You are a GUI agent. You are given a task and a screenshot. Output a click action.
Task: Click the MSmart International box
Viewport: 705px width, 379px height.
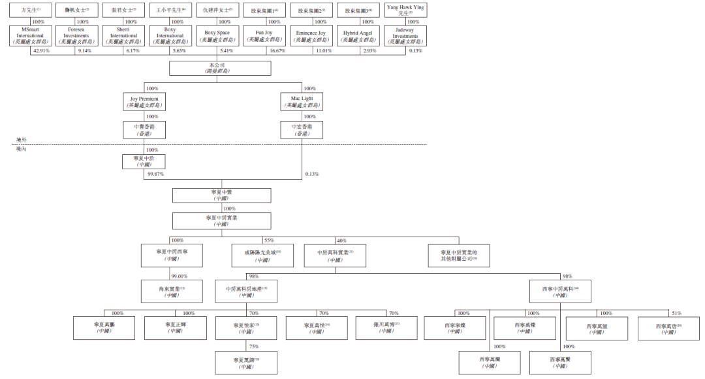tap(31, 35)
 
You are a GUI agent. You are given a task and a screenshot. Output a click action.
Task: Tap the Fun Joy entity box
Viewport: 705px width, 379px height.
tap(264, 35)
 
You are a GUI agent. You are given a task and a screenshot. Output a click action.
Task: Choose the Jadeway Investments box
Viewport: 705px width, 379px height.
tap(405, 35)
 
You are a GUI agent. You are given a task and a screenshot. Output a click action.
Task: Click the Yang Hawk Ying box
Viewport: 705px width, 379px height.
tap(405, 10)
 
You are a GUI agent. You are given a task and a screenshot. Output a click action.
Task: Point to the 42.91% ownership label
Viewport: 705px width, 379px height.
tap(41, 51)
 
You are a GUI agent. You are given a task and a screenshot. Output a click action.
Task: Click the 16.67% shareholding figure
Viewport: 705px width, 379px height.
tap(276, 51)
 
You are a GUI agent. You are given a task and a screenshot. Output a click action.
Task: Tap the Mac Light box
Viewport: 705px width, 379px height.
tap(302, 101)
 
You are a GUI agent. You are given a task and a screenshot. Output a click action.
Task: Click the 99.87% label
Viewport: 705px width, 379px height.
tap(155, 174)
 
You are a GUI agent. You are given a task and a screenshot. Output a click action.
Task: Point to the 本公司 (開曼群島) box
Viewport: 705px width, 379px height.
tap(220, 68)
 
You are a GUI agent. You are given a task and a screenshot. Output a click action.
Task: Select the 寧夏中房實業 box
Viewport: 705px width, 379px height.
tap(221, 220)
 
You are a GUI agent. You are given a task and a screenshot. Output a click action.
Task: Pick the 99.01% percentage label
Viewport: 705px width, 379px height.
tap(180, 276)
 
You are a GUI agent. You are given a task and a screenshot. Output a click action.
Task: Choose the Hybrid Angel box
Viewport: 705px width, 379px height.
tap(358, 35)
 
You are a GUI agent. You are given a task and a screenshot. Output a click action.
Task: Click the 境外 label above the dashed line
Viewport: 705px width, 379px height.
tap(22, 140)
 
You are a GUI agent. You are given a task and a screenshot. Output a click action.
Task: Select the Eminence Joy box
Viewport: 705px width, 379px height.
tap(311, 35)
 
